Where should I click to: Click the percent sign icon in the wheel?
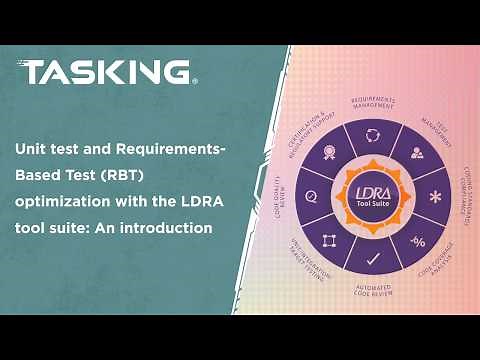click(418, 241)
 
